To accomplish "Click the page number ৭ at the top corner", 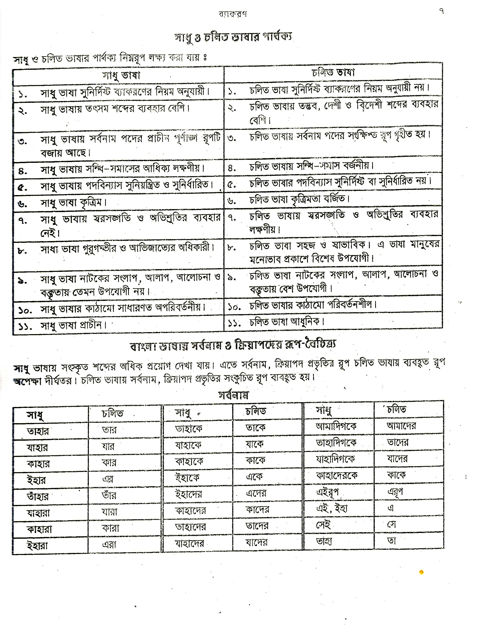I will [x=441, y=11].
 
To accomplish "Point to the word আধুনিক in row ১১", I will [x=307, y=322].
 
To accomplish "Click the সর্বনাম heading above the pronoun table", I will [x=233, y=395].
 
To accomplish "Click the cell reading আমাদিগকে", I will [x=336, y=426].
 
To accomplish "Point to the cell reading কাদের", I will [x=257, y=509].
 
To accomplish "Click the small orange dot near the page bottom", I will [x=421, y=572].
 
